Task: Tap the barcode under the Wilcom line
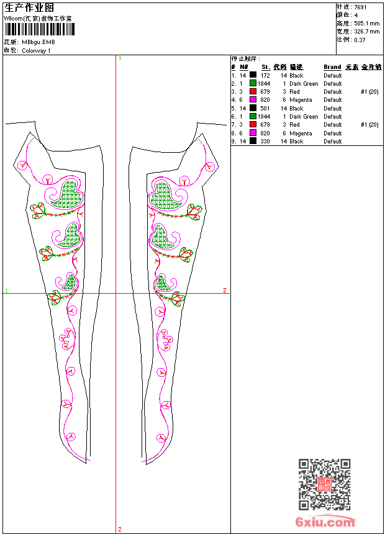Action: coord(37,30)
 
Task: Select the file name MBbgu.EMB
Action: coord(38,42)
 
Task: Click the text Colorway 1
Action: coord(37,50)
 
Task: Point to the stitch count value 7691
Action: coord(361,7)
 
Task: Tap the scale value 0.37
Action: coord(360,39)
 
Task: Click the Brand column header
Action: coord(332,66)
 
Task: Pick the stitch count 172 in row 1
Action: coord(265,75)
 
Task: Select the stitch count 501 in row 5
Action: coord(265,108)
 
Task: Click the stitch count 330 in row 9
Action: coord(265,141)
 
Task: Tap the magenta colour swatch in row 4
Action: coord(253,99)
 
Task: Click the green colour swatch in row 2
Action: coord(253,83)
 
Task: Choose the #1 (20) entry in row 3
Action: coord(369,91)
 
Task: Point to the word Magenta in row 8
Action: coord(301,133)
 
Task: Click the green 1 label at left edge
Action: coord(6,290)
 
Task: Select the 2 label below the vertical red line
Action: coord(119,529)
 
